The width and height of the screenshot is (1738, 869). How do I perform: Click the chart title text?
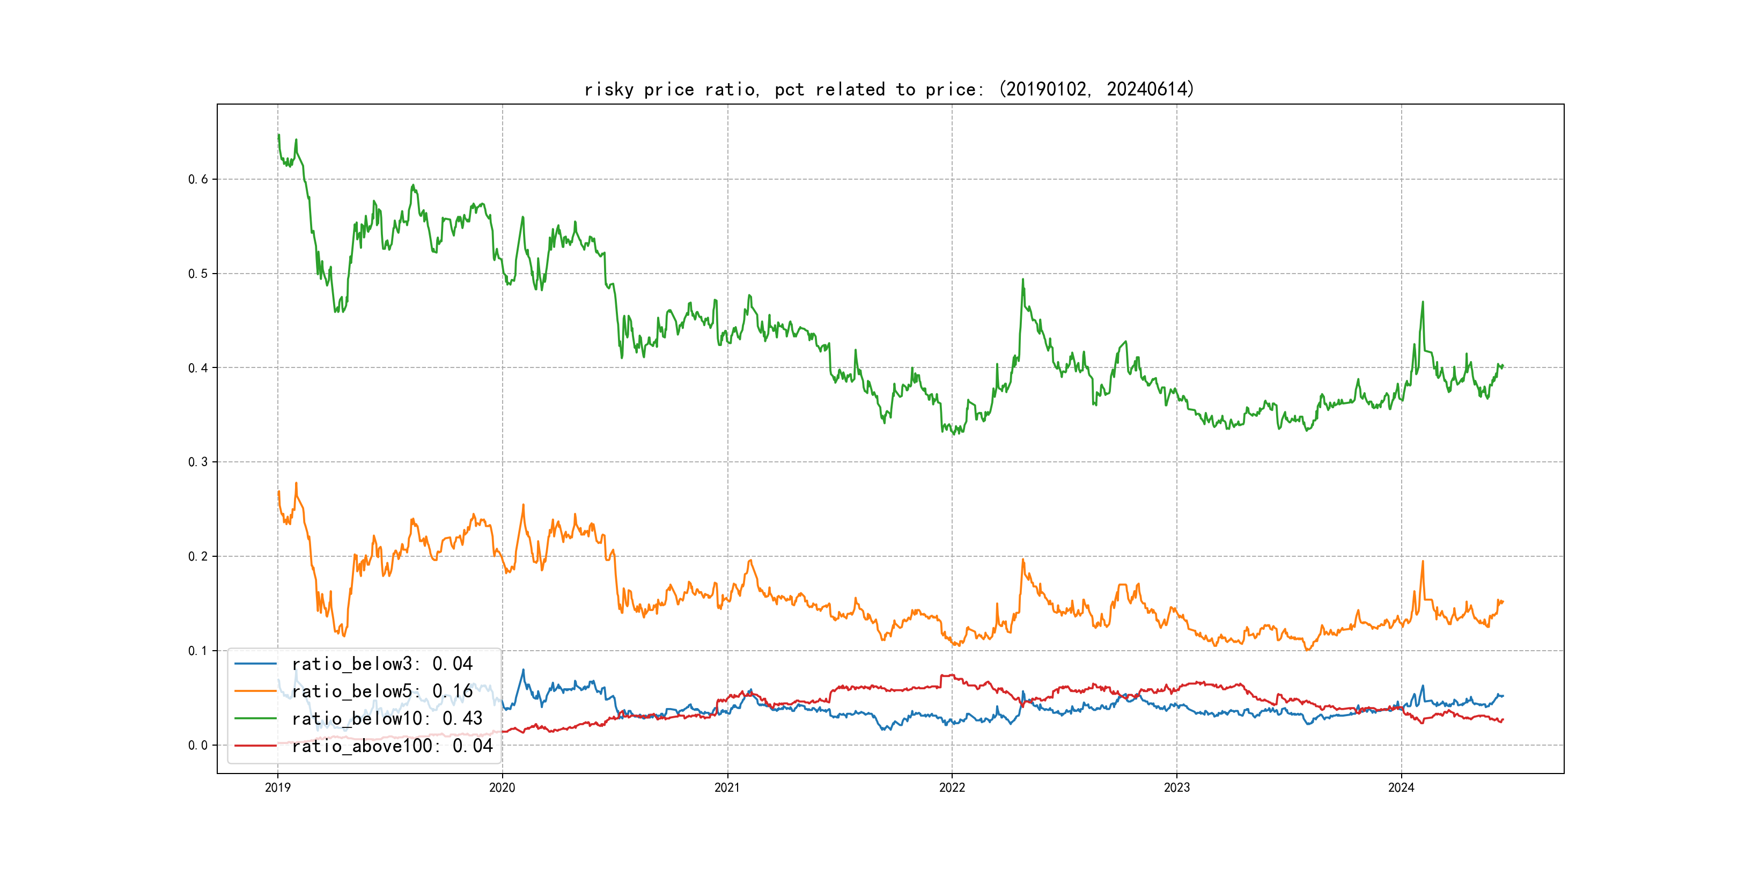click(x=889, y=89)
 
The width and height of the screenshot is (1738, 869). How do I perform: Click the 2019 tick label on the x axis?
click(x=277, y=787)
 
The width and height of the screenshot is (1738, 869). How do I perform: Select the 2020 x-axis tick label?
click(x=502, y=787)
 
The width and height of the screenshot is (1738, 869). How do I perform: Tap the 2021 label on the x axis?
click(x=727, y=787)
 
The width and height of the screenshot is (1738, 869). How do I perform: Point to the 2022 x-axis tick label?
click(x=952, y=787)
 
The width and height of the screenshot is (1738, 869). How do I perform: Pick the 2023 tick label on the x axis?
click(x=1177, y=787)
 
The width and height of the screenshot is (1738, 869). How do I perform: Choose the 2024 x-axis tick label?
click(x=1401, y=787)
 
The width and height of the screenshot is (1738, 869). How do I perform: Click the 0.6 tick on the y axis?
click(x=198, y=180)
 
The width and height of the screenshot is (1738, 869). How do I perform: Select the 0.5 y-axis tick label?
click(x=198, y=274)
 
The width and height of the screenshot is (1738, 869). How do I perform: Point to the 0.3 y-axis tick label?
click(x=198, y=462)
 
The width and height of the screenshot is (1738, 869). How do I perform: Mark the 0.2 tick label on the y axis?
click(x=198, y=557)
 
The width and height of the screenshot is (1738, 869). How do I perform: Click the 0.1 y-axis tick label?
click(x=198, y=651)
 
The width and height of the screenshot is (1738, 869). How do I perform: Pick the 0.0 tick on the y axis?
click(x=198, y=746)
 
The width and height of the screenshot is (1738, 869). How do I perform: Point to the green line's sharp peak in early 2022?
click(x=1023, y=279)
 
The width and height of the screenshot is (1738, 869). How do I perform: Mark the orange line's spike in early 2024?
click(x=1423, y=561)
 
